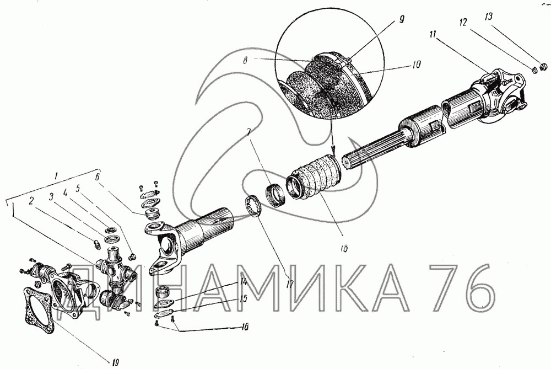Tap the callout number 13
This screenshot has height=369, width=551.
tap(488, 17)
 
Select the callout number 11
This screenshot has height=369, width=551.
tap(433, 34)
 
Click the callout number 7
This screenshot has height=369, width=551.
tap(249, 132)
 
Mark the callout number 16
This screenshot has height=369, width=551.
tap(245, 327)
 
